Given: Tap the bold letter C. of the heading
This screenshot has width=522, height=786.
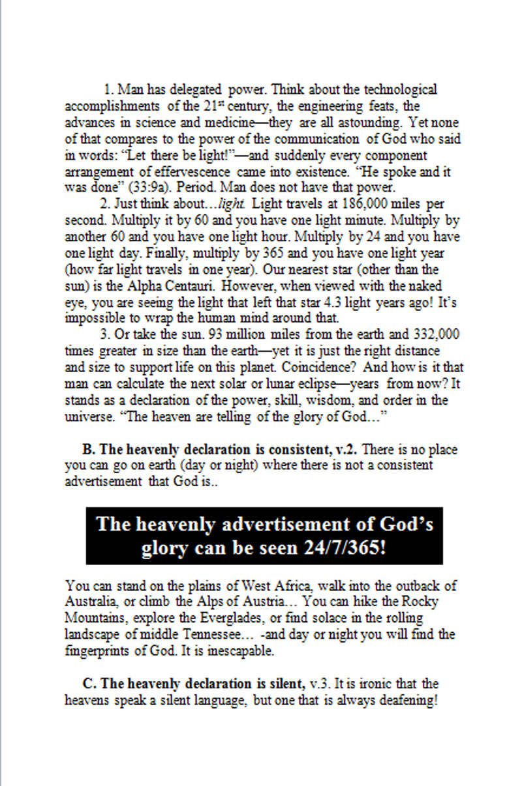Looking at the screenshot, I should [89, 684].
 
